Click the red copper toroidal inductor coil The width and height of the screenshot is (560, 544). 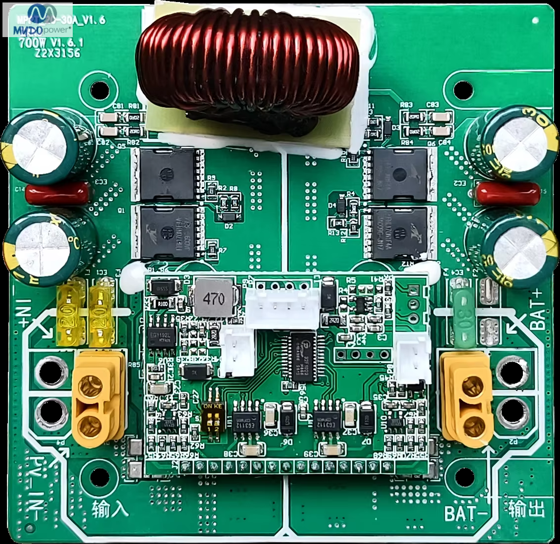[247, 69]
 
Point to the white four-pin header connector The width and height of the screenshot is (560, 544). [282, 306]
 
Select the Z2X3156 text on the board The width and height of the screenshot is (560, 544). [57, 53]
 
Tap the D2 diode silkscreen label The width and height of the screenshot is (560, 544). [229, 226]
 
